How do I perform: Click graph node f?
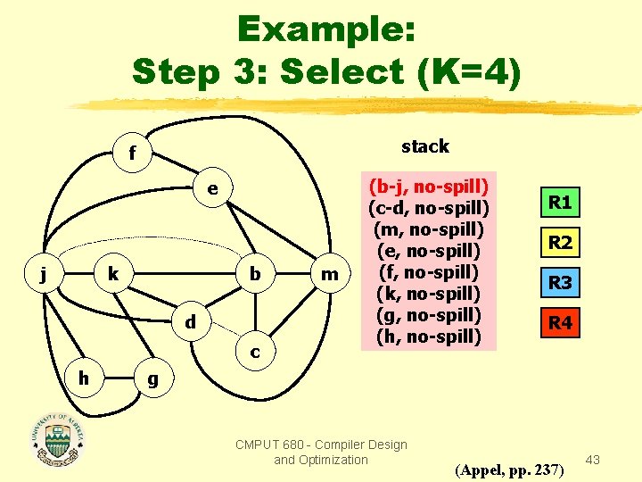(132, 154)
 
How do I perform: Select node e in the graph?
(211, 189)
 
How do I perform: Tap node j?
(44, 273)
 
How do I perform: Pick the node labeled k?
(112, 273)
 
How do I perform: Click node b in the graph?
(255, 273)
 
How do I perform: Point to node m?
(330, 274)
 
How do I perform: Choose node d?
(191, 321)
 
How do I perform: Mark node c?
(255, 353)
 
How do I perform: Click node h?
(84, 378)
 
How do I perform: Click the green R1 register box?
(560, 203)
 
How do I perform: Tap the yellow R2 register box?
(560, 243)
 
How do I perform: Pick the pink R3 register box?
(560, 283)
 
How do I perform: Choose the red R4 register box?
(560, 323)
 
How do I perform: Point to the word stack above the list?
(425, 145)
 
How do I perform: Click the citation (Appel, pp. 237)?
(508, 470)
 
